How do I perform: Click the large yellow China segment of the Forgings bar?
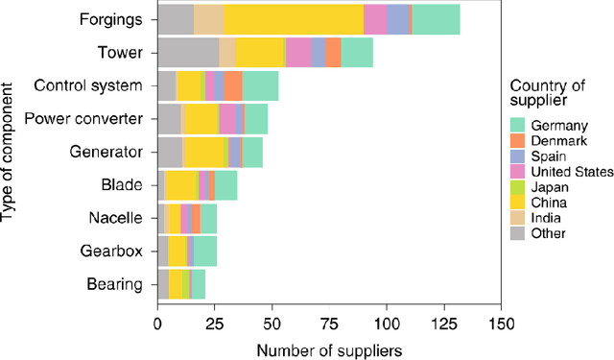[x=294, y=19]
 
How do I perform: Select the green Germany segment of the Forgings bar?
[x=437, y=19]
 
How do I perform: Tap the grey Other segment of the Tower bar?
[x=188, y=53]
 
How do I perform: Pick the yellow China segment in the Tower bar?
[x=261, y=53]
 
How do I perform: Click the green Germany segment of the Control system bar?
[x=261, y=85]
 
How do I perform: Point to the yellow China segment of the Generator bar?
[x=203, y=152]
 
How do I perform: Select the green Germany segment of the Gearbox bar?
[x=205, y=251]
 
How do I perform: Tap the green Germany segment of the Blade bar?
[x=226, y=184]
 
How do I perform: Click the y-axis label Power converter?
[x=83, y=119]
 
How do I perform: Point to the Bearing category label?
[x=115, y=284]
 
